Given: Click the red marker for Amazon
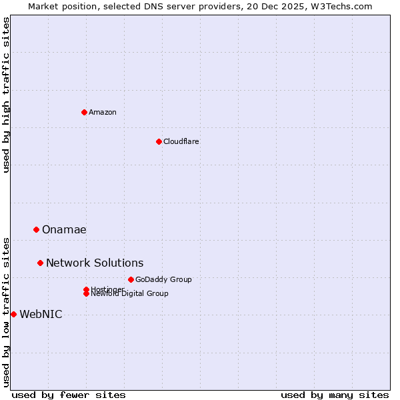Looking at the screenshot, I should tap(84, 112).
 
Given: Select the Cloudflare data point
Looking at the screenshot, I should tap(159, 141).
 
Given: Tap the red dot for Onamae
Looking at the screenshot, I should tap(36, 229).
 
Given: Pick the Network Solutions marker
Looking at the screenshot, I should tap(40, 263).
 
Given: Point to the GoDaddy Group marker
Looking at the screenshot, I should tap(131, 279).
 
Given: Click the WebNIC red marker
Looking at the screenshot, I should tap(13, 314).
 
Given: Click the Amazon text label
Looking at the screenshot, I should tap(103, 112).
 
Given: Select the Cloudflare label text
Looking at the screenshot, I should tap(181, 141).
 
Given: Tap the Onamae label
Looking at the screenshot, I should tap(64, 230).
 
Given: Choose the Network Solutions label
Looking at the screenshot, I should tap(95, 263).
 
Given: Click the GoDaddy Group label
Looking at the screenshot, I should tap(163, 279).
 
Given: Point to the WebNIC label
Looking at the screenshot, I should tap(41, 315).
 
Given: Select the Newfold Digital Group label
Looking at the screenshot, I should tap(130, 293).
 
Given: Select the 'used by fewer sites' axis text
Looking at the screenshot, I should tap(69, 395).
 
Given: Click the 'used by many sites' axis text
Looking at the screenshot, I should tap(335, 395).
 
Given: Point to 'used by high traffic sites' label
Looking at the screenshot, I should tap(6, 95).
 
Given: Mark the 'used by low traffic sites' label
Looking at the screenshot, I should tap(6, 311).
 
